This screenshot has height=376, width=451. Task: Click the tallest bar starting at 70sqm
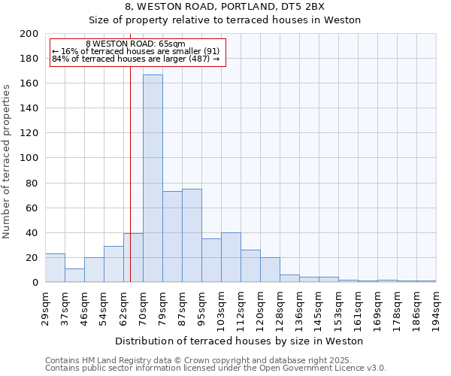coord(153,178)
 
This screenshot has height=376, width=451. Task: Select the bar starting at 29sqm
coord(55,268)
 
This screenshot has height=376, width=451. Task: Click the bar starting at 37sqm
coord(74,275)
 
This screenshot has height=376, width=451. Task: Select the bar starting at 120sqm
coord(270,269)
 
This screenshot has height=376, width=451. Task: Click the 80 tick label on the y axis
coord(32,183)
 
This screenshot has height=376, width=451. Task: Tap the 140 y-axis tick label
coord(29,108)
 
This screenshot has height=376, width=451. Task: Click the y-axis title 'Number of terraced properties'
coord(8,161)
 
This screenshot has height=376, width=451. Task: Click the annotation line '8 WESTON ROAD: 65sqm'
coord(135,44)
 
